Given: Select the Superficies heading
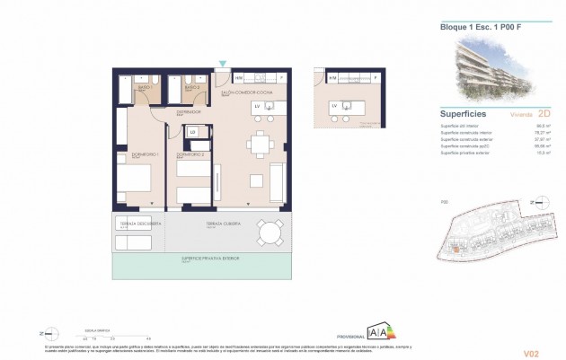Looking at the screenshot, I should point(464,115).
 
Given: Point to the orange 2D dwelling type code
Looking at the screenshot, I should point(541,116).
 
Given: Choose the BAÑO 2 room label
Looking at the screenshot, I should point(191,79).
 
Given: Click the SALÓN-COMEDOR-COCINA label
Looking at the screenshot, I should point(246,92).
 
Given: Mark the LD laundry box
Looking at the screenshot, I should point(192,133).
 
